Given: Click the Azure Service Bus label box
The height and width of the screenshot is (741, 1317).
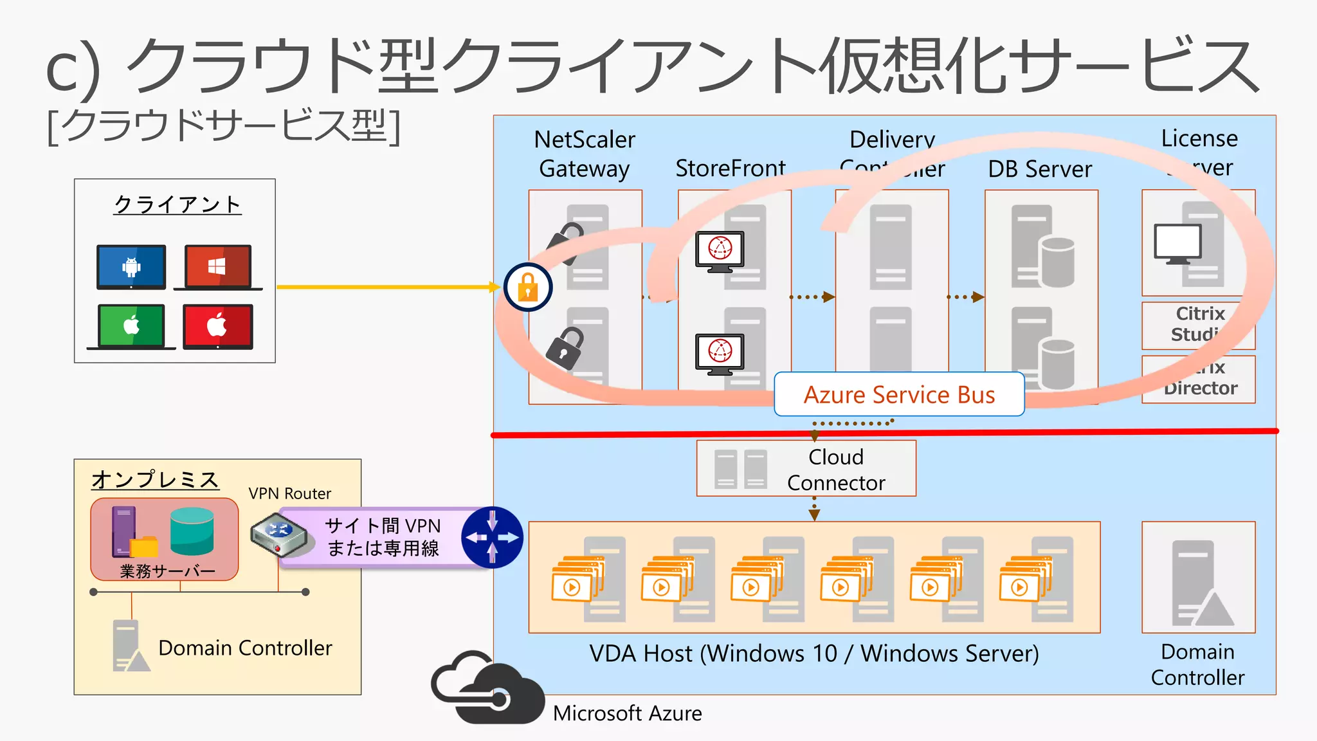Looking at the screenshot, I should tap(899, 394).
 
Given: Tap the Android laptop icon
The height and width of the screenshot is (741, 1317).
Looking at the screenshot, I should tap(131, 267).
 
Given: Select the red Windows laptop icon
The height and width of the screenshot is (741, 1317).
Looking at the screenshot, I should tap(217, 267).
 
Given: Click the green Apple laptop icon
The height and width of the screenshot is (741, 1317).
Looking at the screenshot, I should tap(131, 326).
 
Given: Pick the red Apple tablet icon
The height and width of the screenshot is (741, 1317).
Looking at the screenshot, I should tap(217, 327).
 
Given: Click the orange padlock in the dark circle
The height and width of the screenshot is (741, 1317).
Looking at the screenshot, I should tap(527, 287).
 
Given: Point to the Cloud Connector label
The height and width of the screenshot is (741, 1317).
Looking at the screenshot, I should tap(835, 470).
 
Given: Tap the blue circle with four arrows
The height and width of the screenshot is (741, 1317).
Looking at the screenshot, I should tap(493, 537).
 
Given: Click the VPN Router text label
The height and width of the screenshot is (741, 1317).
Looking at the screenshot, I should tap(289, 493).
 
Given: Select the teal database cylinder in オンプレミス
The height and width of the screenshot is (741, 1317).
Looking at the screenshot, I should tap(192, 531).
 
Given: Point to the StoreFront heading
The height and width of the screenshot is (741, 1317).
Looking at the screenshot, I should tap(731, 169).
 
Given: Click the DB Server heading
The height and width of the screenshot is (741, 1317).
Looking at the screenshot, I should tap(1040, 169).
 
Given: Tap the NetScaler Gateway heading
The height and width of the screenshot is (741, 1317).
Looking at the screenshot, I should tap(584, 154).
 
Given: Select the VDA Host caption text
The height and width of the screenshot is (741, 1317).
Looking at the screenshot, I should tap(813, 654).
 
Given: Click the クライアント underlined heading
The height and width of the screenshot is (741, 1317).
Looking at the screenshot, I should tap(177, 205).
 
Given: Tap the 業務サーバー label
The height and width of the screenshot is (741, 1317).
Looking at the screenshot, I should tap(167, 571).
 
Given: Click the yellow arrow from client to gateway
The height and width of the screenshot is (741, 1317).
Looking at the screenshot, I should tap(386, 287).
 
